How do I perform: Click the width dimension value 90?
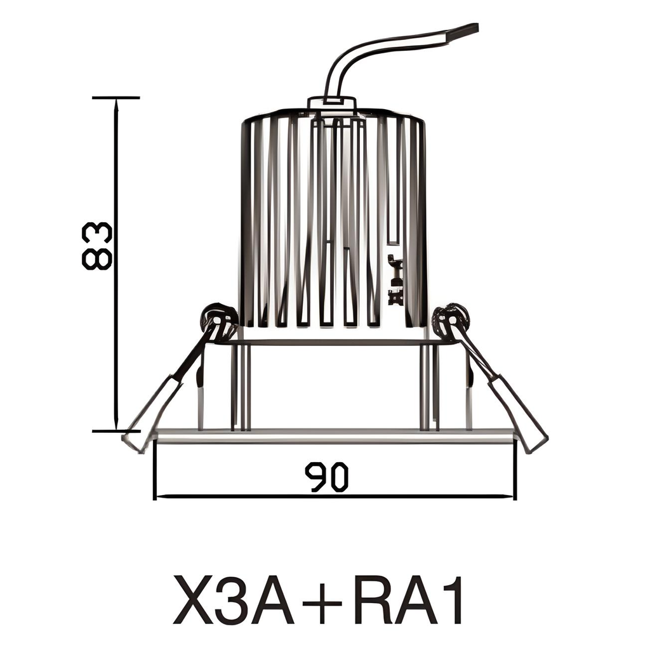(x=326, y=477)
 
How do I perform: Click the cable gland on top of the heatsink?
(x=331, y=103)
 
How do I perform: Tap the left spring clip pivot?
(x=218, y=317)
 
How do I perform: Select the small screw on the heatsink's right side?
(x=397, y=279)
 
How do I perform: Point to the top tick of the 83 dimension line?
(x=116, y=98)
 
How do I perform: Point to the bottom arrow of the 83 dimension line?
(x=116, y=427)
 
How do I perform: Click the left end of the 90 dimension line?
(x=156, y=496)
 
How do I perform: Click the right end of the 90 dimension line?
(x=514, y=496)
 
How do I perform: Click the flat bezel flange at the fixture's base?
(x=333, y=435)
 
